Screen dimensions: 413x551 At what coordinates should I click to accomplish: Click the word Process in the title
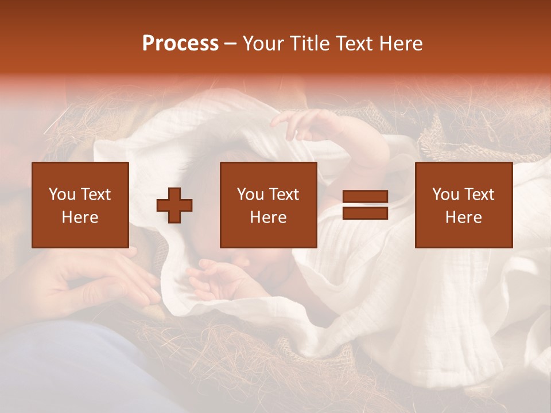click(x=180, y=44)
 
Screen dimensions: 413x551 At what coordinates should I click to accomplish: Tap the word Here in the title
click(x=401, y=44)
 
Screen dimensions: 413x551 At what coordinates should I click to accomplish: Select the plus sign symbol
click(x=174, y=205)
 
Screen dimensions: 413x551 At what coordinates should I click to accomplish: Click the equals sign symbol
click(x=365, y=205)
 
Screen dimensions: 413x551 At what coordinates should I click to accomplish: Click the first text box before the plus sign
click(x=80, y=205)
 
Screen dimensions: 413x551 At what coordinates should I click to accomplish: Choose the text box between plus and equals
click(x=268, y=205)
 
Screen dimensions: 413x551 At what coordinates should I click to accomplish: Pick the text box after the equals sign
click(x=463, y=205)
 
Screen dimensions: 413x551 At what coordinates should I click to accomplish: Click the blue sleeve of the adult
click(x=75, y=367)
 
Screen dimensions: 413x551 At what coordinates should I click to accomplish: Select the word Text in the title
click(x=354, y=44)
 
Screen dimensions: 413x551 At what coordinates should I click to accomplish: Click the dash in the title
click(x=231, y=44)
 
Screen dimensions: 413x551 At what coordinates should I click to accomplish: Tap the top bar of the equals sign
click(x=365, y=197)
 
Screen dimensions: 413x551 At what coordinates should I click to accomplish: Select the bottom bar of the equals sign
click(x=365, y=213)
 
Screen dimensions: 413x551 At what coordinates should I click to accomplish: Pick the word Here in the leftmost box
click(x=80, y=217)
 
